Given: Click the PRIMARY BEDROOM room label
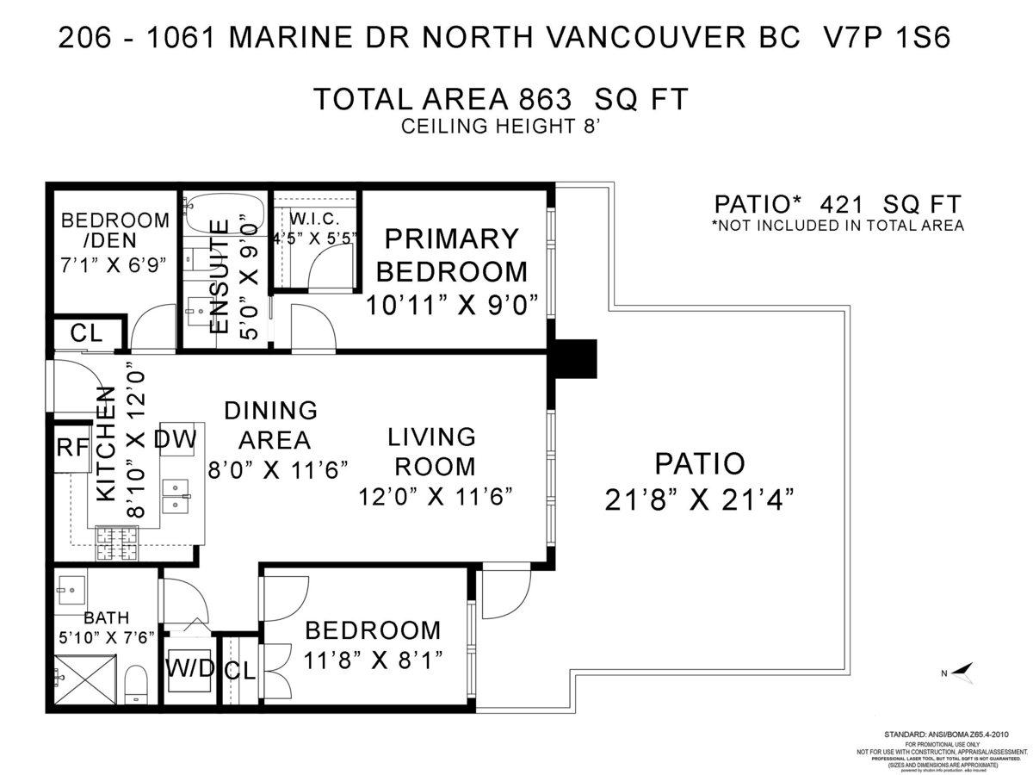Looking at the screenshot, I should point(452,255).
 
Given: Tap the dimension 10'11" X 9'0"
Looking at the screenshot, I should point(452,305).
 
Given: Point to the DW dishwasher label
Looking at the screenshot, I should point(176,440).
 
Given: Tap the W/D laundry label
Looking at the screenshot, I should point(189,668).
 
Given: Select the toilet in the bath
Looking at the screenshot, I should point(137,684).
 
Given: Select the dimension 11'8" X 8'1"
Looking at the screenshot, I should point(373,661).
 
